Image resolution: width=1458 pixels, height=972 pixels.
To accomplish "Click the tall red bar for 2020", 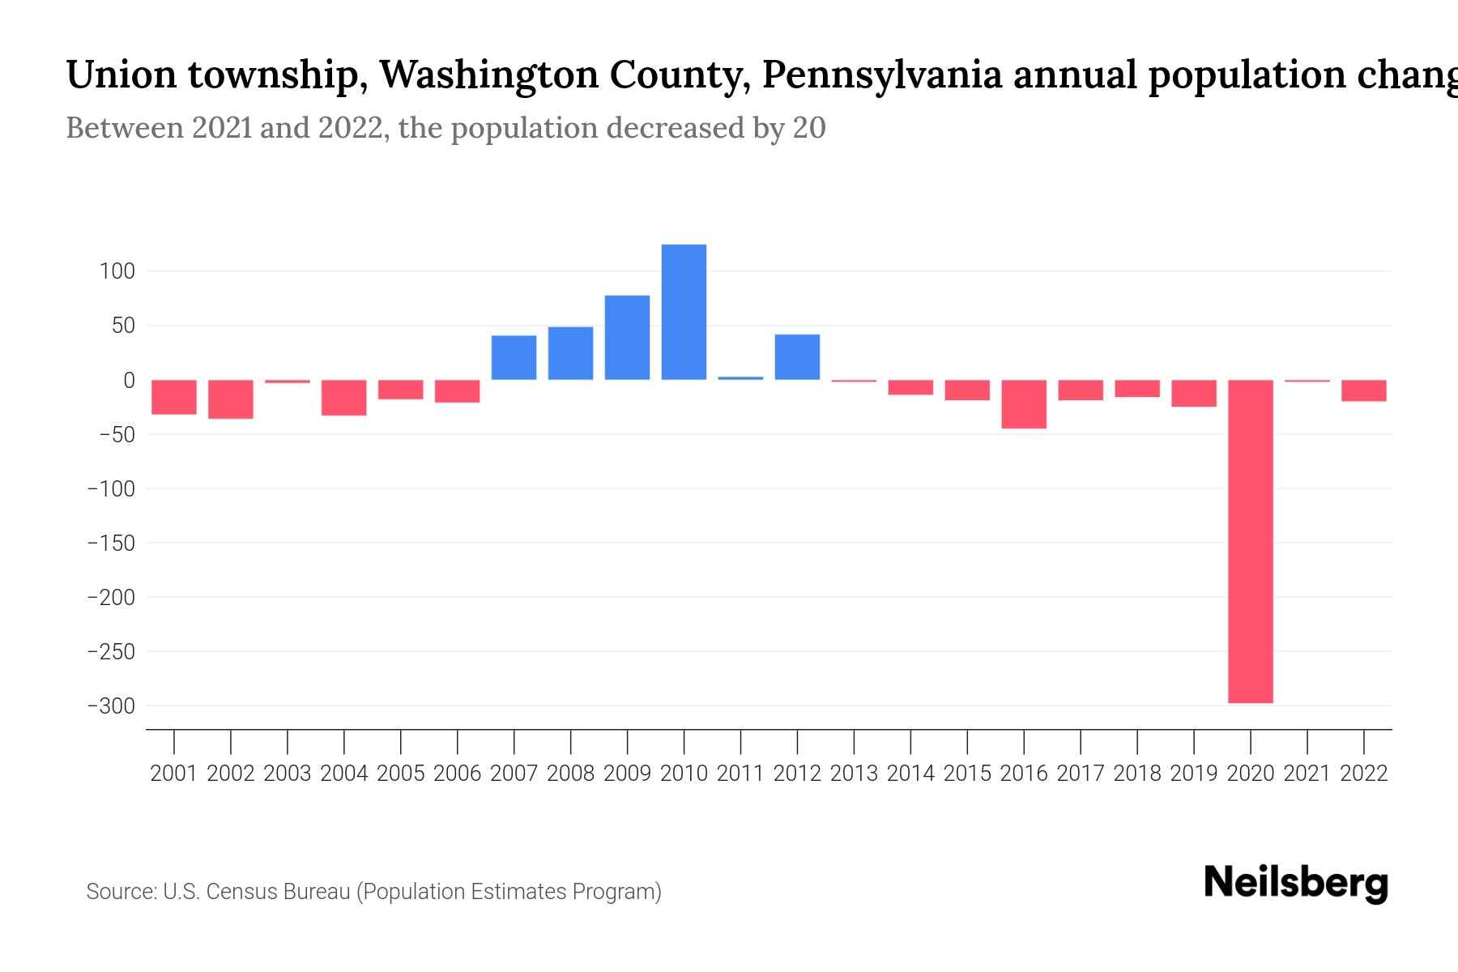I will click(x=1250, y=541).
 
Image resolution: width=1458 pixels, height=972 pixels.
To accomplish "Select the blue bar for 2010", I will click(x=684, y=312).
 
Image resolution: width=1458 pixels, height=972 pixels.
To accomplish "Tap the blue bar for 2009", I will click(x=627, y=338).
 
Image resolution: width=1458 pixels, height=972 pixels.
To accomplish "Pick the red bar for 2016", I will click(x=1024, y=404).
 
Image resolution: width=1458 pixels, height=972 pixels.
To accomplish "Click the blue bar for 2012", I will click(x=797, y=357).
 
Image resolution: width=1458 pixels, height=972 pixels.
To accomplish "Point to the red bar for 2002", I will click(x=231, y=399).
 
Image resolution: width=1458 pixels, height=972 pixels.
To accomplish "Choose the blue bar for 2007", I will click(x=514, y=357).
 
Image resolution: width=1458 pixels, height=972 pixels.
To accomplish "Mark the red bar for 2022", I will click(x=1363, y=390).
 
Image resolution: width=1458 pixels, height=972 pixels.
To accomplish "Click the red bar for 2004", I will click(x=344, y=398).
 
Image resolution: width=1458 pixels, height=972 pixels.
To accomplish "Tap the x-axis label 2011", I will click(x=740, y=774).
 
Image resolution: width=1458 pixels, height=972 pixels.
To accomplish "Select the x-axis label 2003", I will click(x=288, y=774).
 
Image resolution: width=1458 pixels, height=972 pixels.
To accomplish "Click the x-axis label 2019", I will click(x=1194, y=774).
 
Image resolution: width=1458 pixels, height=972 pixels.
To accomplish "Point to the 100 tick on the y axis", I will click(x=117, y=271).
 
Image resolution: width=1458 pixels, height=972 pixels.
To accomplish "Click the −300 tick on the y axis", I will click(x=111, y=706).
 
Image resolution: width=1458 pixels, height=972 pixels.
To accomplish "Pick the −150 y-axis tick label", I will click(x=111, y=543).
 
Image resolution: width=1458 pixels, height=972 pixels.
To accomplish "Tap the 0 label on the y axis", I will click(x=128, y=380).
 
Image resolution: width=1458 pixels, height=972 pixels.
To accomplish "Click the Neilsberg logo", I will click(x=1296, y=883).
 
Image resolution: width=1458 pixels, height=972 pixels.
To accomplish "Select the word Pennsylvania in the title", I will click(x=881, y=75).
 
